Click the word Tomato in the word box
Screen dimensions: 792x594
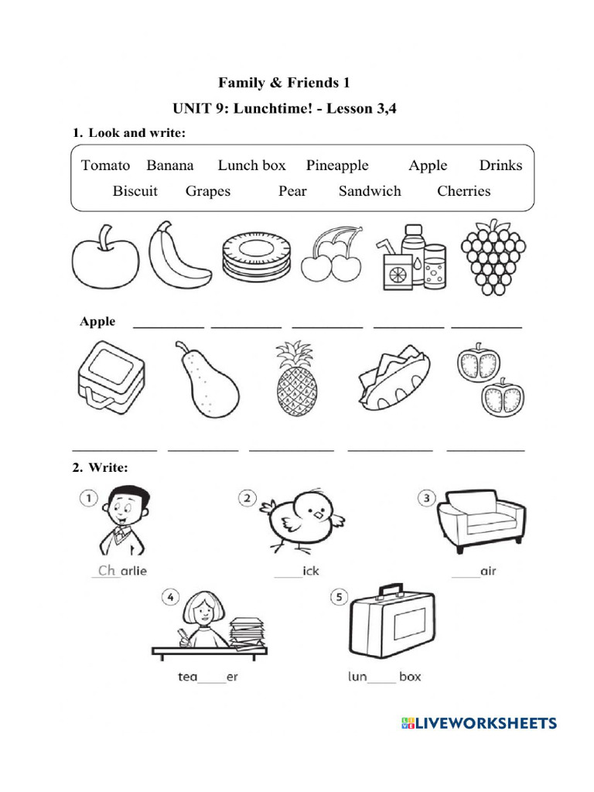point(105,166)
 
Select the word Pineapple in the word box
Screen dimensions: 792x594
point(337,166)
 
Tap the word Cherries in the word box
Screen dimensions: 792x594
point(463,191)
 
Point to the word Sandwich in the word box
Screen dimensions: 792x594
point(370,191)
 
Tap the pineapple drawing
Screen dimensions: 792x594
point(296,379)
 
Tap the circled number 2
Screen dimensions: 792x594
point(247,498)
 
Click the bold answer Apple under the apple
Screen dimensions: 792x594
point(97,322)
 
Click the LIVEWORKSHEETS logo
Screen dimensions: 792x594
point(479,723)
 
